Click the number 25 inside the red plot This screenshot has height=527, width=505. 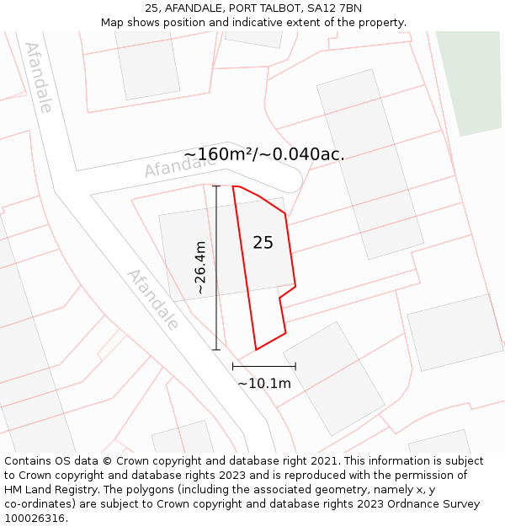point(263,243)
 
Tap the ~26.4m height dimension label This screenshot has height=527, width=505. point(199,267)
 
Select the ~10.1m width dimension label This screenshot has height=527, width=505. point(263,384)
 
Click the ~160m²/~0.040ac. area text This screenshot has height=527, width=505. point(263,154)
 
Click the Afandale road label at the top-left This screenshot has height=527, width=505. point(39,77)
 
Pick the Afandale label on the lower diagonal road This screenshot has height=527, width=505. point(152,299)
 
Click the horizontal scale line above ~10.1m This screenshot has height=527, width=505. point(263,366)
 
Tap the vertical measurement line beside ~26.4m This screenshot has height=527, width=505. point(216,267)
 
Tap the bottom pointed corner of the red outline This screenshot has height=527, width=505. point(257,349)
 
